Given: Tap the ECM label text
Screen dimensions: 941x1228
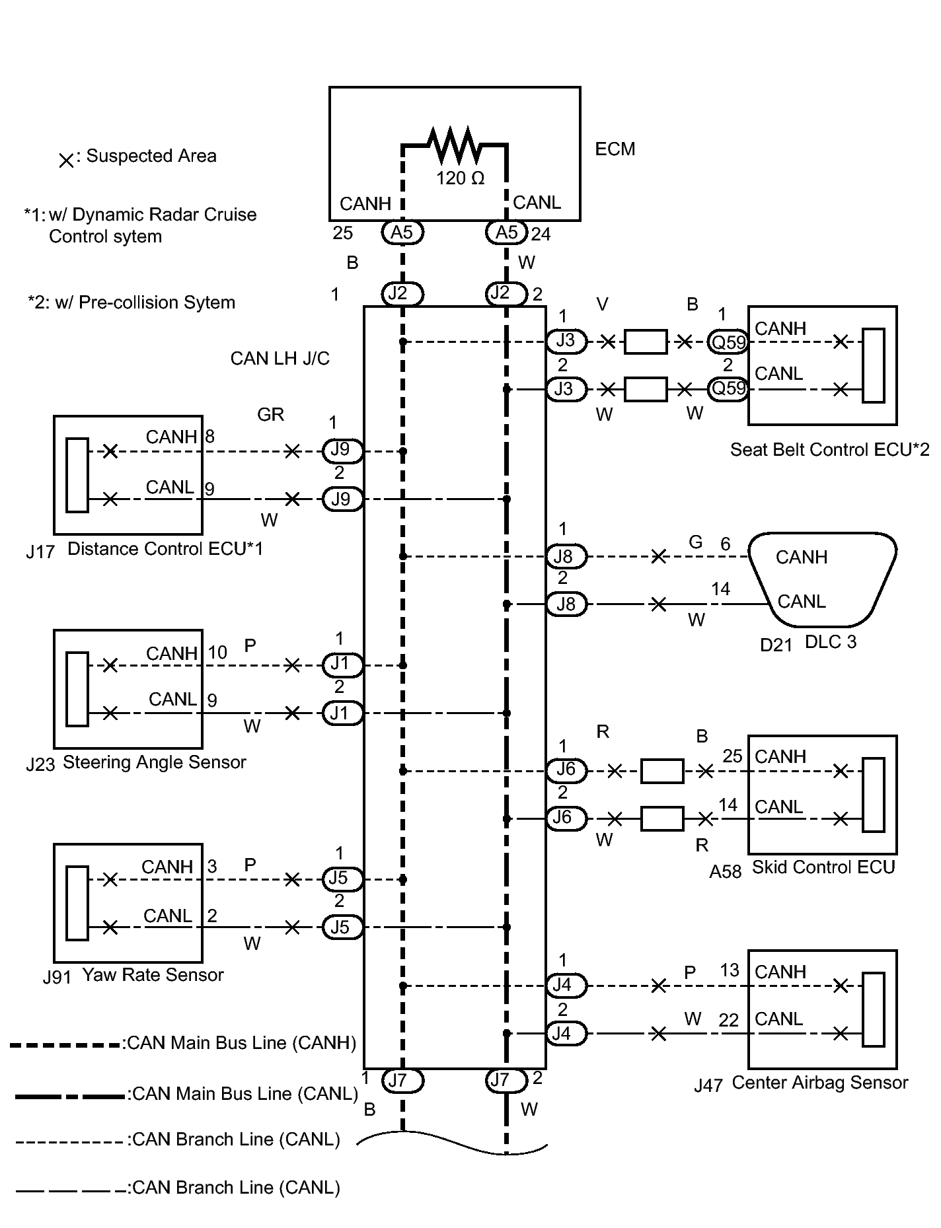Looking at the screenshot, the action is click(x=615, y=149).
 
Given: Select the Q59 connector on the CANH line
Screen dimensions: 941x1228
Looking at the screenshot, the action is click(x=728, y=342).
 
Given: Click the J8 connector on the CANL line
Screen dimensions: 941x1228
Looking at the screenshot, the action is click(x=566, y=604).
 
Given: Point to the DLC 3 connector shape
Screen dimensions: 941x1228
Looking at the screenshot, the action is click(x=822, y=579).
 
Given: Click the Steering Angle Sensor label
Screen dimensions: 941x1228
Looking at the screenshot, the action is click(x=155, y=762).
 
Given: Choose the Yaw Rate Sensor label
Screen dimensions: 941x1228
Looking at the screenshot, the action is click(x=153, y=975).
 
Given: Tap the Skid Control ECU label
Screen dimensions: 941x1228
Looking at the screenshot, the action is click(x=823, y=867).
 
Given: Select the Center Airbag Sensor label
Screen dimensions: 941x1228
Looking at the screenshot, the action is click(x=820, y=1083).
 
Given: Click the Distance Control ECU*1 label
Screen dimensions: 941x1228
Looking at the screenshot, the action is click(x=165, y=549).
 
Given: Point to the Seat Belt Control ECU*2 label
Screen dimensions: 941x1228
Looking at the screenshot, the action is click(x=829, y=450).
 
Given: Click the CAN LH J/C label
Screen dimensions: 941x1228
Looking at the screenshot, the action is click(x=280, y=359).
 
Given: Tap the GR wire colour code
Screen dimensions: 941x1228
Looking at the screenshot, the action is click(x=271, y=414).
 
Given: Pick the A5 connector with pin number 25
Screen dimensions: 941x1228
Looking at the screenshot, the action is click(x=402, y=232).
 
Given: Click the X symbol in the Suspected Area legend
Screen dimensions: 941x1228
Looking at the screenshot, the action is click(x=66, y=161).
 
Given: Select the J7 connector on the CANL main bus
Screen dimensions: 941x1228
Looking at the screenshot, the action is click(x=506, y=1080).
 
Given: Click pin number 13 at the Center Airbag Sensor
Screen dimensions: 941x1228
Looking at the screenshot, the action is click(x=730, y=970).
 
